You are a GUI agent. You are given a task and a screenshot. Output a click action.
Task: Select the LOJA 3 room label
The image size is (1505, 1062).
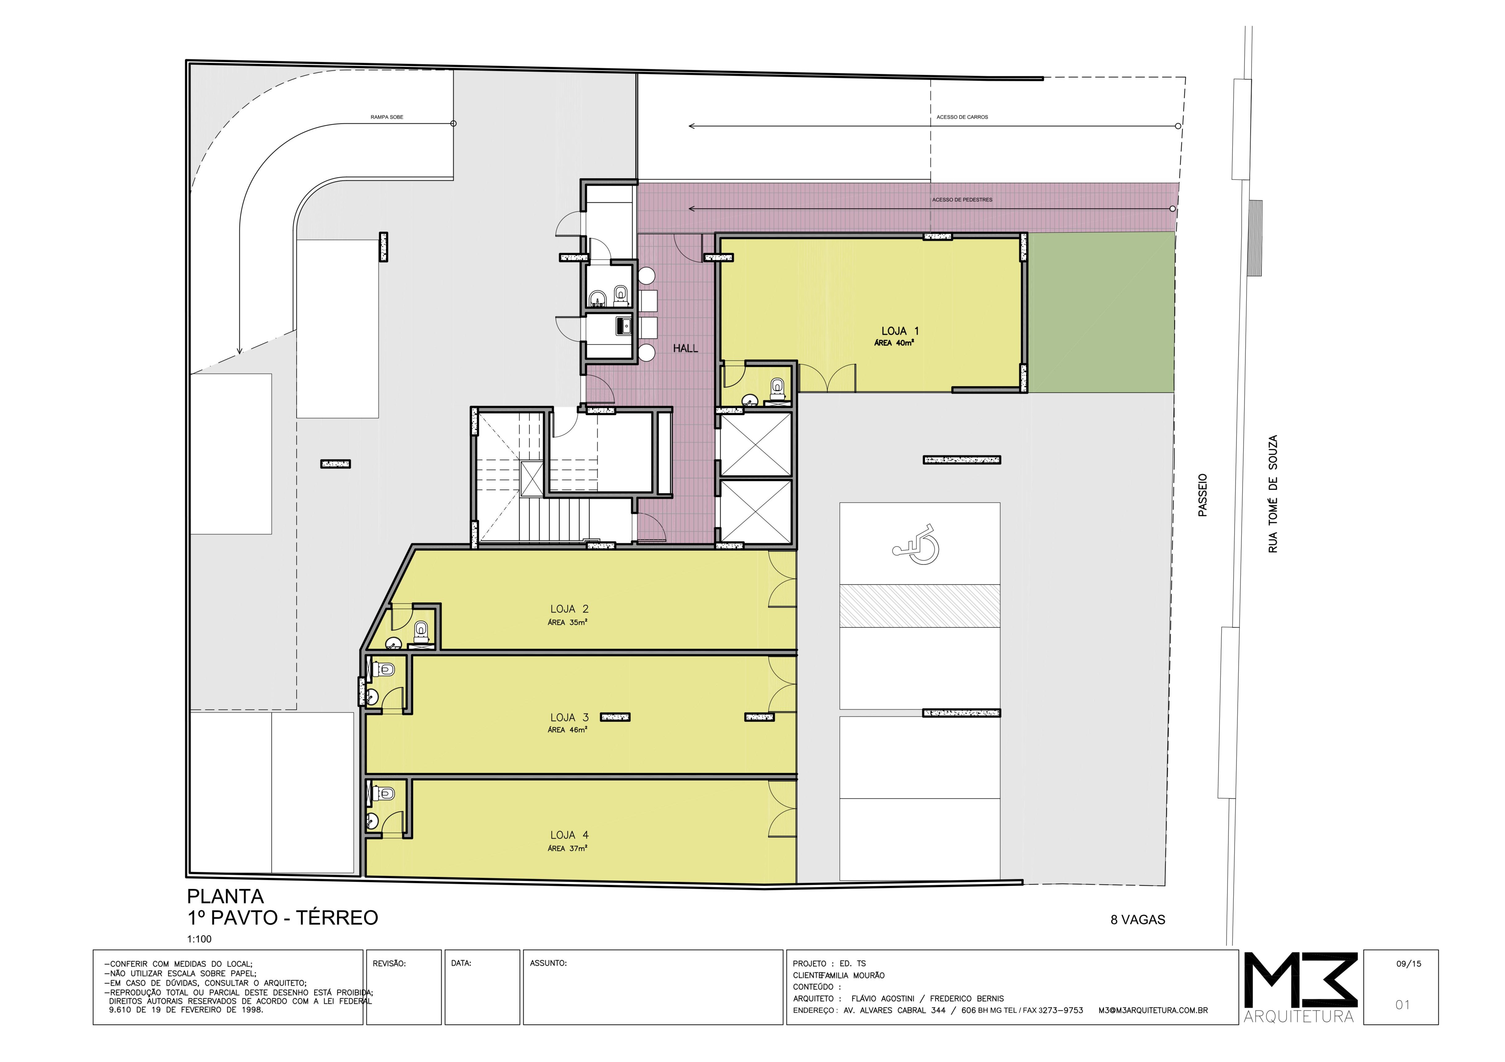tap(569, 717)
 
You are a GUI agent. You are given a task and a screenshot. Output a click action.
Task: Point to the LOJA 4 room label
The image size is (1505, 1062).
tap(569, 835)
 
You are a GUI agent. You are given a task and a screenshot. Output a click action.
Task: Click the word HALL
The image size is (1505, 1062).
tap(686, 348)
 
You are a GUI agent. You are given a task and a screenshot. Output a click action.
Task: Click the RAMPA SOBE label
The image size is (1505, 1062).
tap(387, 117)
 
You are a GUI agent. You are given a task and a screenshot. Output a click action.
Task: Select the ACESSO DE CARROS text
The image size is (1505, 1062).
tap(962, 117)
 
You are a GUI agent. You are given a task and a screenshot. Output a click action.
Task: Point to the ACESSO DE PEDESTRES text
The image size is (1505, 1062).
tap(962, 200)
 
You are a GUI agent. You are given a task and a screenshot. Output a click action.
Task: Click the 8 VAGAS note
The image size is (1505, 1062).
tap(1137, 920)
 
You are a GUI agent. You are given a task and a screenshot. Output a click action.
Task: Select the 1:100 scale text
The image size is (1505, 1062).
tap(199, 939)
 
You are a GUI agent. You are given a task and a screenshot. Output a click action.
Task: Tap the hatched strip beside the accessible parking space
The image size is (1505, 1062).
tap(920, 606)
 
